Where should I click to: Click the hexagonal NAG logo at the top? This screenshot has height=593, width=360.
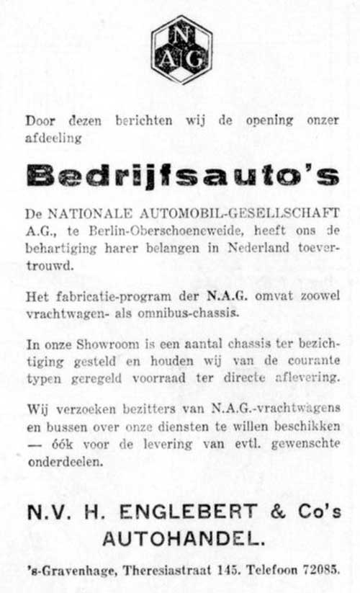pos(181,49)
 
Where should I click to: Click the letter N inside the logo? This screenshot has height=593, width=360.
pos(181,34)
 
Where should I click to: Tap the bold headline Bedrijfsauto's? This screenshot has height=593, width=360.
pos(181,174)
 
